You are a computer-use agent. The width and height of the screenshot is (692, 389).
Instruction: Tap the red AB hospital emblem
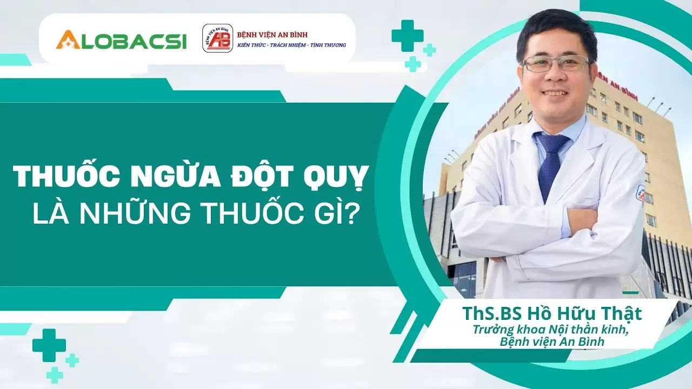coord(217,39)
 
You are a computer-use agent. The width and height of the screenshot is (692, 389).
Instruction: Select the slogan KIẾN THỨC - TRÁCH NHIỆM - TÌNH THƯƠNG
coord(291,45)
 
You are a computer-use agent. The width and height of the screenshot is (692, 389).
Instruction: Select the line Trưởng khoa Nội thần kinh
coord(550,330)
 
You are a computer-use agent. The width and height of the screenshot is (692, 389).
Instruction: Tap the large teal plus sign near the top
coord(407,36)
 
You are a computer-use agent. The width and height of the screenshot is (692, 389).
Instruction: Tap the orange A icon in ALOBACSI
coord(68,39)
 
